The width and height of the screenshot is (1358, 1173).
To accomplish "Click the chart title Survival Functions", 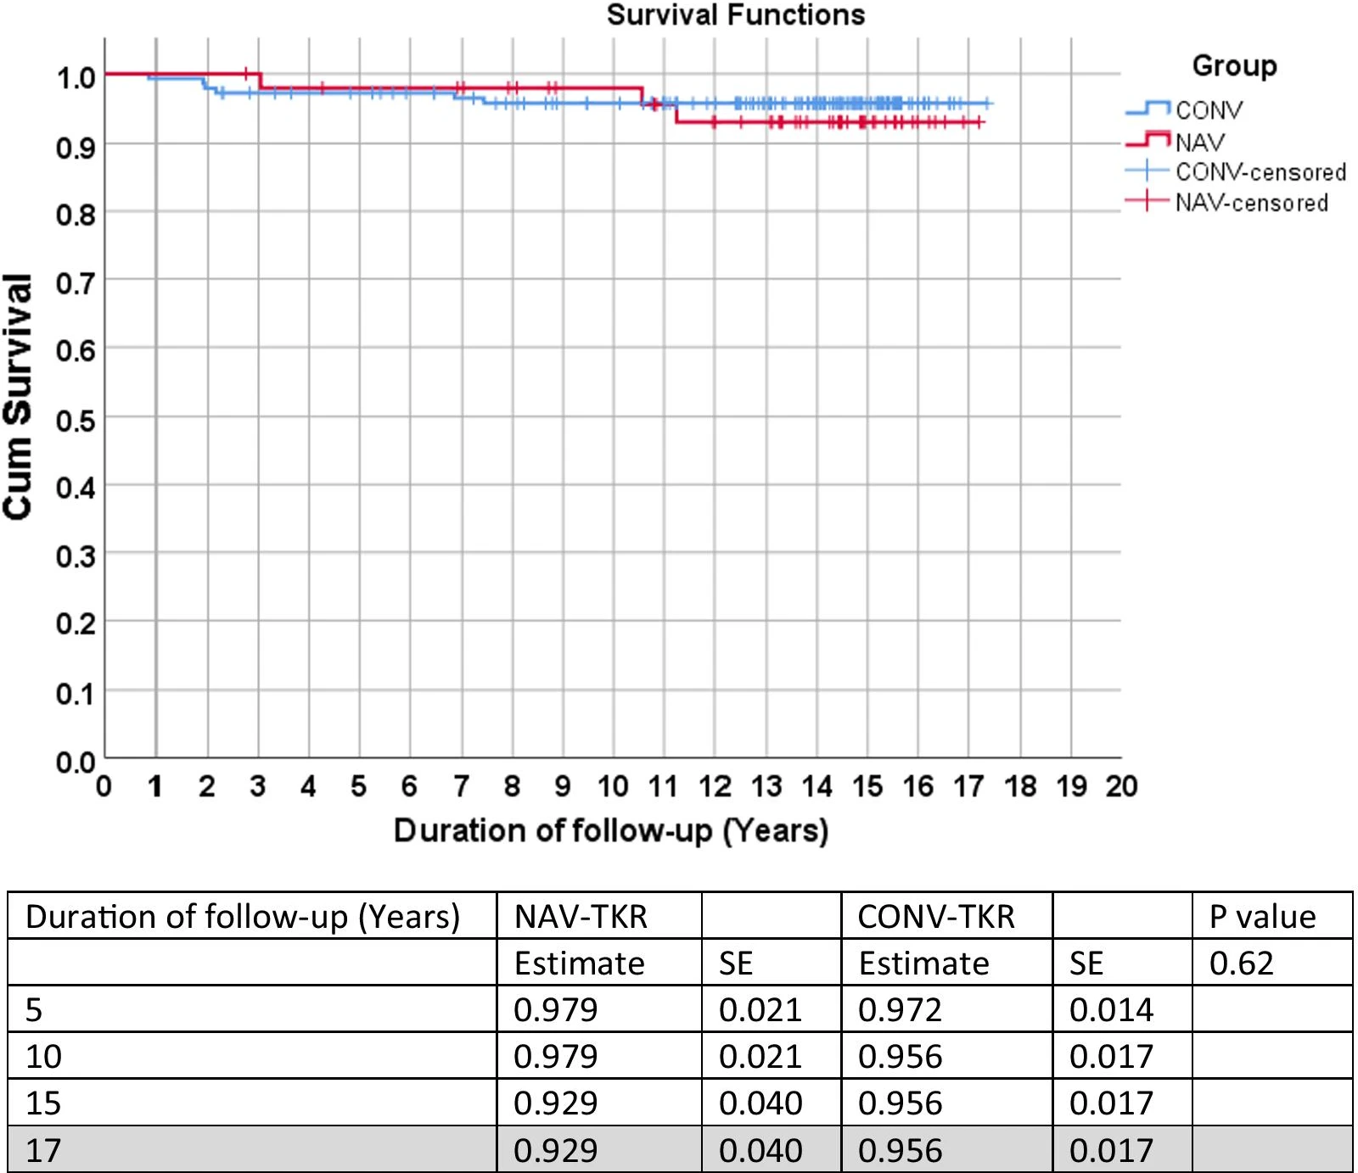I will (735, 15).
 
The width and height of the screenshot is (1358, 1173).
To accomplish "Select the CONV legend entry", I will (1208, 110).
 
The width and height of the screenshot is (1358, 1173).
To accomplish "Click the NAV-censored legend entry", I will (1251, 203).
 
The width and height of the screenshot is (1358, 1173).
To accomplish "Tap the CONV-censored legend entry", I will (1260, 172).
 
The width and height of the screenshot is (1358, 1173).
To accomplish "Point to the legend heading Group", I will (1234, 66).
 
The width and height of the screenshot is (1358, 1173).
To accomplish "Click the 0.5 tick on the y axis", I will (75, 422).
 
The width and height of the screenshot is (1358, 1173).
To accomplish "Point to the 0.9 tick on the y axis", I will (75, 148).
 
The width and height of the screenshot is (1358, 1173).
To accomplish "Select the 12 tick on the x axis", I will (715, 787).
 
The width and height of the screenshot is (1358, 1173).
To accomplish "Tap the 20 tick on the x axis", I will (1120, 787).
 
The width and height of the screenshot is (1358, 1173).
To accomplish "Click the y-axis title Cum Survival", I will (19, 396).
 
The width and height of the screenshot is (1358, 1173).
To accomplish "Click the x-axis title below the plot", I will (610, 830).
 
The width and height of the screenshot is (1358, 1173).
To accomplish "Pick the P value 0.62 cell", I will (1241, 964).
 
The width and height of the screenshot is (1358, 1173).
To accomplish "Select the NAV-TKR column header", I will (581, 917).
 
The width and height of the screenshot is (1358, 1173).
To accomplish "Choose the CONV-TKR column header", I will (935, 917).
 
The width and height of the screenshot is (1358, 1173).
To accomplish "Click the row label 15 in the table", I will (43, 1103).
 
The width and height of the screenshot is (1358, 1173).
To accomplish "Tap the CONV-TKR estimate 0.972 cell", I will (900, 1010).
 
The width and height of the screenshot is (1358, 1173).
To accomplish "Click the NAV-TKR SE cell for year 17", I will (760, 1151).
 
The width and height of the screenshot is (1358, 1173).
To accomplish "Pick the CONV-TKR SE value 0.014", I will (1111, 1010).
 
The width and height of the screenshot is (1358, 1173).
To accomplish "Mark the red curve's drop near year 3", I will (260, 81).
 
